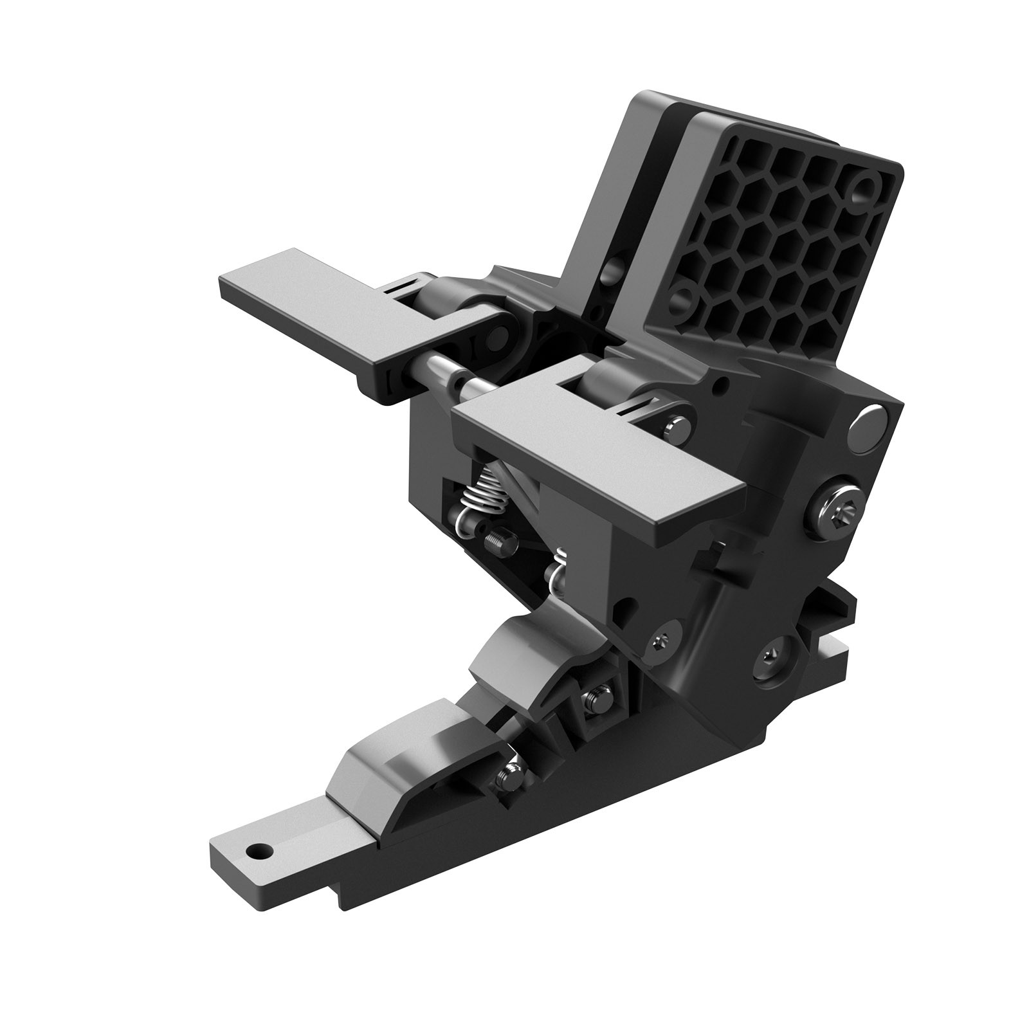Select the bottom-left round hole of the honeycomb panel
(x=683, y=298)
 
